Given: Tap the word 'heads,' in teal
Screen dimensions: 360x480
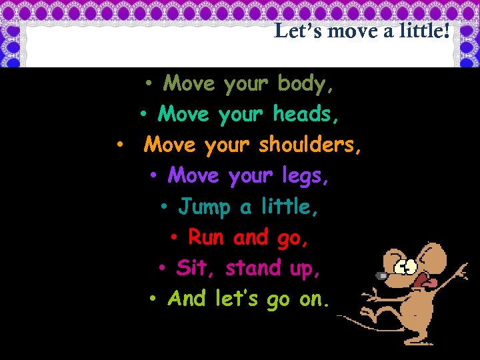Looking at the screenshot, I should (x=306, y=115).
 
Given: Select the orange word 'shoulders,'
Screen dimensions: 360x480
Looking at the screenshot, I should (x=311, y=145).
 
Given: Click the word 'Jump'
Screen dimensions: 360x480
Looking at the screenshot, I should (x=203, y=207).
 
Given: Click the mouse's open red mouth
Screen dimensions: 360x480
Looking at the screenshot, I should (x=421, y=281).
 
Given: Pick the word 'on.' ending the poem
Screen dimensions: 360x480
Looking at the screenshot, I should (x=314, y=300).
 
